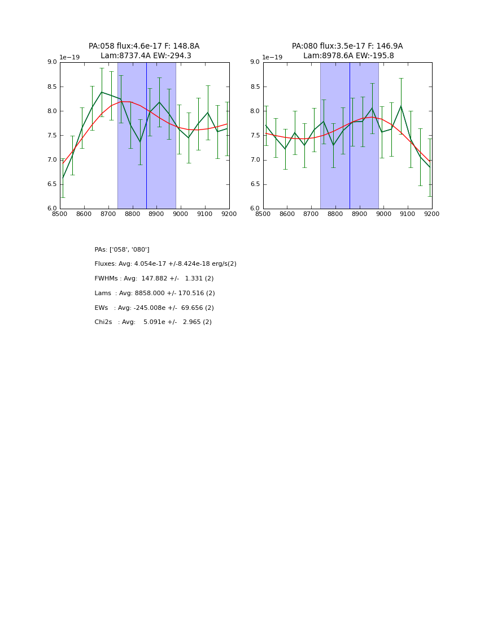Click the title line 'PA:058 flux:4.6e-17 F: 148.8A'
(144, 46)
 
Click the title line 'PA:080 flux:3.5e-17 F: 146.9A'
(347, 46)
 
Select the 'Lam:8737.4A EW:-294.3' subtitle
(146, 56)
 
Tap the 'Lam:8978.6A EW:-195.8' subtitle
(348, 56)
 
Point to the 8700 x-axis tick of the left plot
(108, 214)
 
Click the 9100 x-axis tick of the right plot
(408, 214)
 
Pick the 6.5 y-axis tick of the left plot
(51, 184)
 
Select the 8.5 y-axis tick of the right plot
(255, 87)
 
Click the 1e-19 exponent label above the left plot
(69, 58)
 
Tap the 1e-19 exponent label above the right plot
(272, 58)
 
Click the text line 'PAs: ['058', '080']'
(122, 250)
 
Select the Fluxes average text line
(165, 264)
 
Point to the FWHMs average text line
(154, 279)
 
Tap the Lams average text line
(155, 293)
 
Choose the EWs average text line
(154, 308)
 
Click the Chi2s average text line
(153, 322)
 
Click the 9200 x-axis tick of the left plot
(229, 214)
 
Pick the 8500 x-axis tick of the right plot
(263, 214)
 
